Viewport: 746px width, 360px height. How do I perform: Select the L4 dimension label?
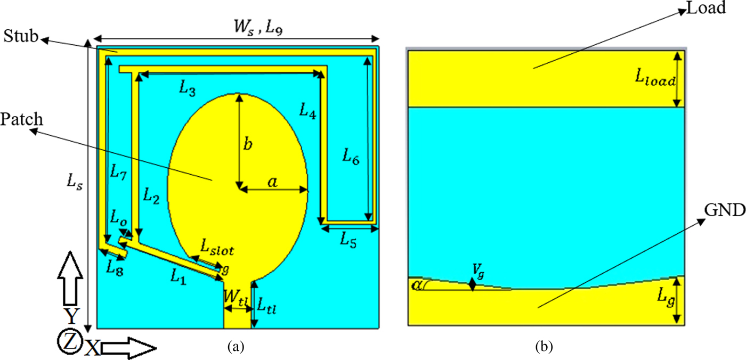pyautogui.click(x=307, y=110)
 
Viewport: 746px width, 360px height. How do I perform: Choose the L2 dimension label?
pyautogui.click(x=151, y=195)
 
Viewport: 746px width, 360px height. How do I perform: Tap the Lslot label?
pyautogui.click(x=217, y=247)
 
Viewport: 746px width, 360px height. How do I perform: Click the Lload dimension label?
pyautogui.click(x=654, y=81)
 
